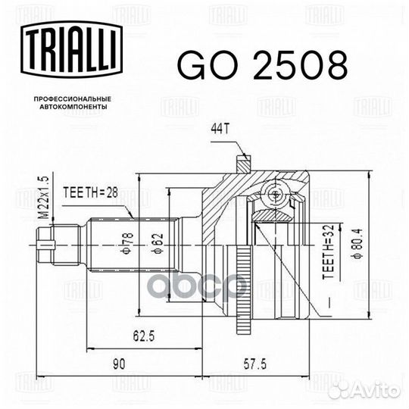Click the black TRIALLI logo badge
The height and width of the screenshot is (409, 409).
(x=72, y=50)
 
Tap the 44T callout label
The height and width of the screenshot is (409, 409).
(x=220, y=129)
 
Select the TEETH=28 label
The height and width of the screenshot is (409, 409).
(x=91, y=193)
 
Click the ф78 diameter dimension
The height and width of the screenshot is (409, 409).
(x=128, y=244)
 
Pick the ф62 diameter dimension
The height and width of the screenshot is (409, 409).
(x=158, y=243)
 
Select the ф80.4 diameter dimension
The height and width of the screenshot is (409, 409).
(x=357, y=243)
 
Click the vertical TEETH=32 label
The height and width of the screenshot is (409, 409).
(x=328, y=251)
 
